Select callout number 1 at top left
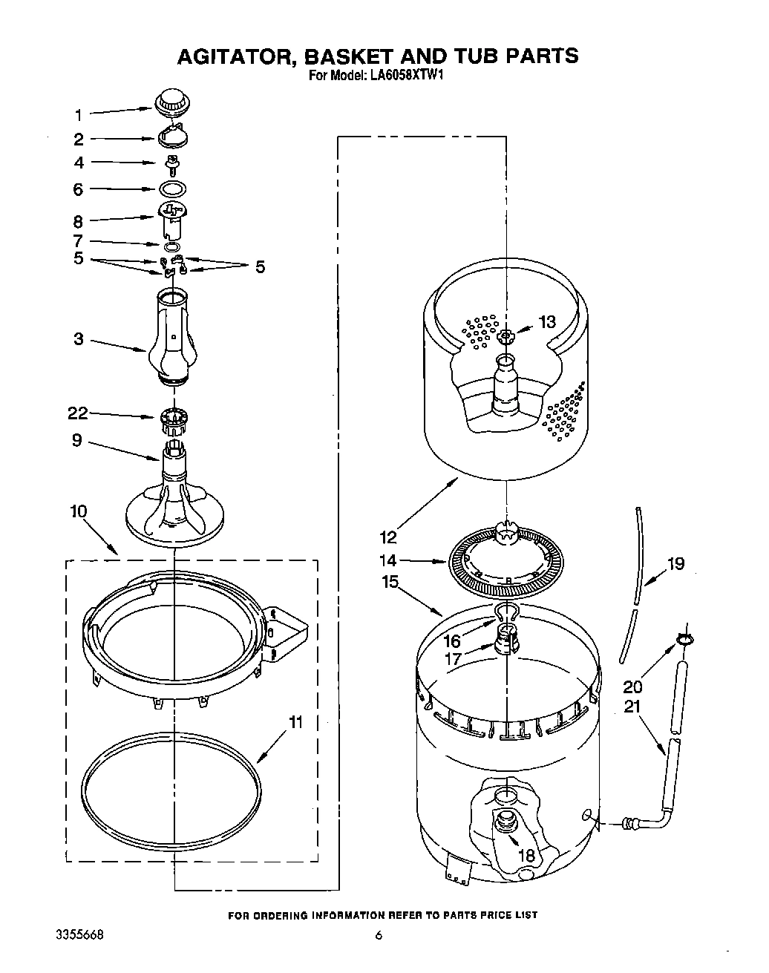78,115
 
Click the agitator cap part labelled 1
171,101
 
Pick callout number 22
78,413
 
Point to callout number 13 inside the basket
546,322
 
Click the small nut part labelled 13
505,336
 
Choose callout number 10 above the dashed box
79,511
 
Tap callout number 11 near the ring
295,722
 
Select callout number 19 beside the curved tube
675,564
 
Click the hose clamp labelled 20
684,638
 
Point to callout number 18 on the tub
526,856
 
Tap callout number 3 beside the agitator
78,341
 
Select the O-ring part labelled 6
171,189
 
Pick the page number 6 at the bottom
379,936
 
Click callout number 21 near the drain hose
632,707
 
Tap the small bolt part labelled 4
171,163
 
